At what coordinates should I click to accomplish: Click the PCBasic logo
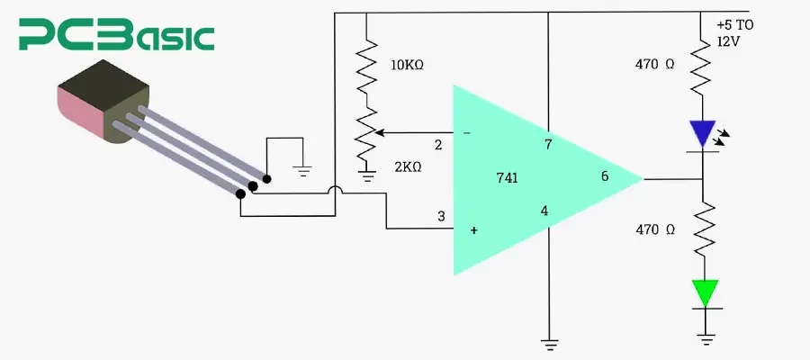pos(118,37)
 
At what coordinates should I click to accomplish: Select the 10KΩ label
pos(408,65)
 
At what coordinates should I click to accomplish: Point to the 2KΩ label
pos(408,167)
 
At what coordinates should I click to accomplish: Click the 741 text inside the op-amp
pos(507,178)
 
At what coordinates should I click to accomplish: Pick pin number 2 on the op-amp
pos(438,145)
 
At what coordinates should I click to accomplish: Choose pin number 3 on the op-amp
pos(441,216)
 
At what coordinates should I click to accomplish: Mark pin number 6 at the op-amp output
pos(605,176)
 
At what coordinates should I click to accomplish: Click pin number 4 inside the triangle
pos(544,211)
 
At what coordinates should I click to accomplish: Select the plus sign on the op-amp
pos(473,231)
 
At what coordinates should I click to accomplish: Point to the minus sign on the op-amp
pos(466,133)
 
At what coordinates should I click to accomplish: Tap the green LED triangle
pos(705,292)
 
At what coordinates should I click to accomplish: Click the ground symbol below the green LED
pos(705,340)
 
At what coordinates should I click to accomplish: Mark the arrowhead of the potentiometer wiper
pos(379,133)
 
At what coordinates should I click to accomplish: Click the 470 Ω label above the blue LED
pos(654,64)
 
